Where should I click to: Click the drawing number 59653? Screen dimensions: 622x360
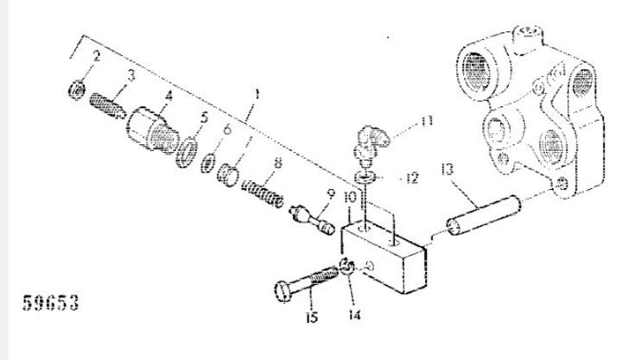(51, 303)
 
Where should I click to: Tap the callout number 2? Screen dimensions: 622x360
(96, 56)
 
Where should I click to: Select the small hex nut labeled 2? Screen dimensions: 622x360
(77, 90)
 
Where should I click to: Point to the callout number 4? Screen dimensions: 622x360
(169, 96)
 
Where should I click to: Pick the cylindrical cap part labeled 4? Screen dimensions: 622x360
(153, 129)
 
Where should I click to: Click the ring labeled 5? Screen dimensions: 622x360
(187, 152)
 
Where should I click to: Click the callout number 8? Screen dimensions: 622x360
(277, 162)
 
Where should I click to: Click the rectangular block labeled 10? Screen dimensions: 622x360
(384, 258)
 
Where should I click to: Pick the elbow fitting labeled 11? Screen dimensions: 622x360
(370, 146)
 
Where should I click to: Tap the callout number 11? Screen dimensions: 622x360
(427, 122)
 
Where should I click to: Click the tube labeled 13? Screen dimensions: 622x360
(484, 216)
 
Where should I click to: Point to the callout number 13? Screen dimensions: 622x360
(447, 170)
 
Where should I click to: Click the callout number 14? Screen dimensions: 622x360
(355, 315)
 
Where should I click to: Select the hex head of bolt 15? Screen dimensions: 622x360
(283, 292)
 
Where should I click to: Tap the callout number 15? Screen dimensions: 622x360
(312, 317)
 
